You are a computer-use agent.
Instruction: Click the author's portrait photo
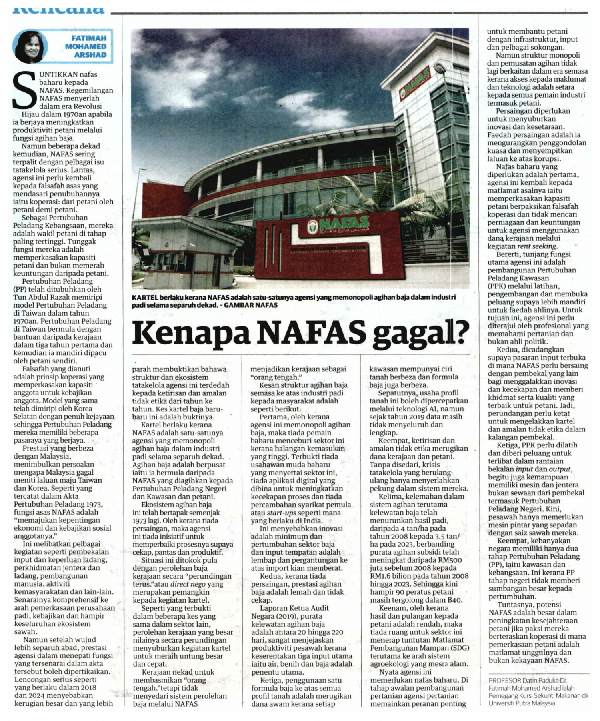click(30, 46)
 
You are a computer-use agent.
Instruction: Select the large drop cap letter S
click(24, 90)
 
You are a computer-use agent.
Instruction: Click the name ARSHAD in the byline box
click(90, 55)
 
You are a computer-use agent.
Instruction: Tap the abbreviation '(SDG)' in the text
click(458, 648)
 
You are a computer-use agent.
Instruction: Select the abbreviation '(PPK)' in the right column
click(498, 286)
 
